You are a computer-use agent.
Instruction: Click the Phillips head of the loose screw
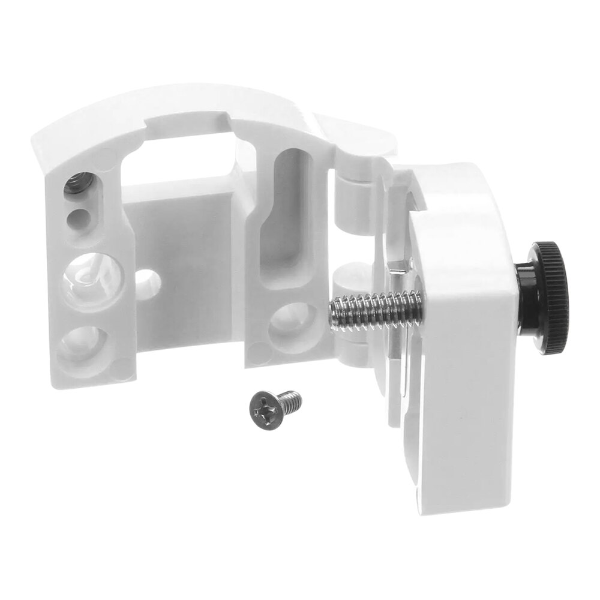coord(265,407)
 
